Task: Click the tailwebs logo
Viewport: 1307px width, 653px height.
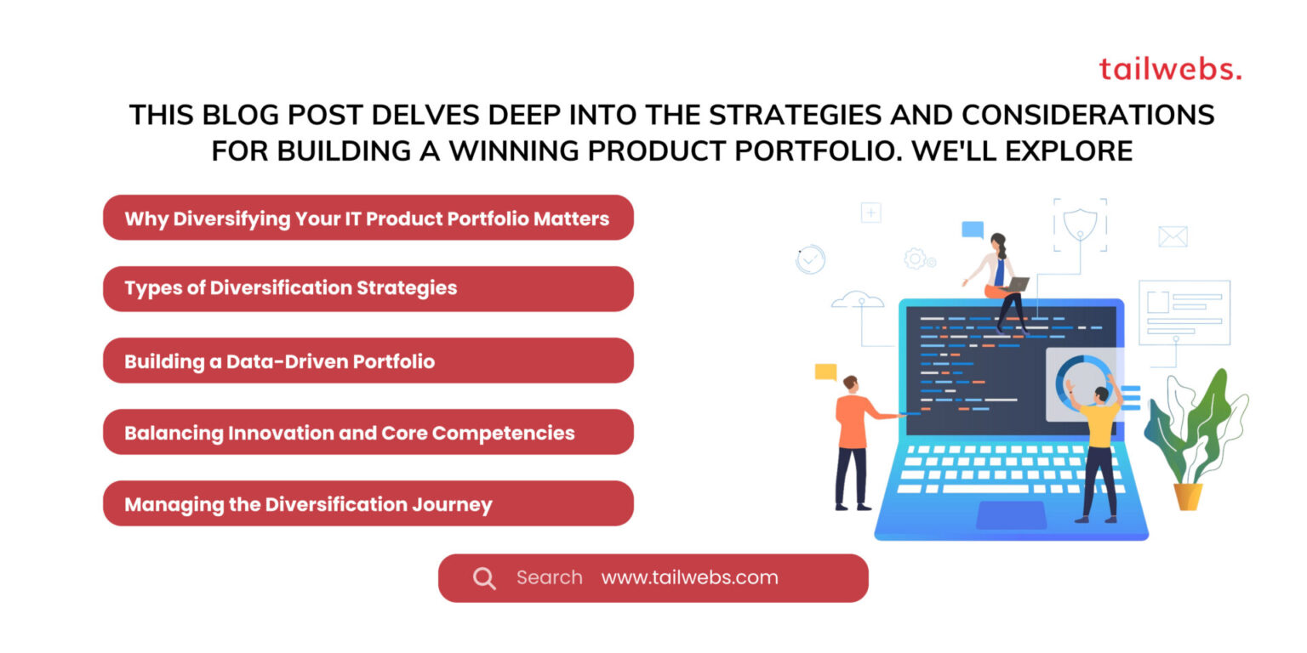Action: click(1170, 69)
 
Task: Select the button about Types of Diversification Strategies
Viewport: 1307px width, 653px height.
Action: click(368, 288)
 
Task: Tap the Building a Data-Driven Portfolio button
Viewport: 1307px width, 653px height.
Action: click(368, 361)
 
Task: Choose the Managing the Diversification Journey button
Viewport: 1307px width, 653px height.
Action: click(368, 503)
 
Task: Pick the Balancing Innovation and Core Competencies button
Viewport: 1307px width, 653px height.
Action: click(368, 432)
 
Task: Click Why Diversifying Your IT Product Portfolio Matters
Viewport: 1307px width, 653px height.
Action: click(368, 218)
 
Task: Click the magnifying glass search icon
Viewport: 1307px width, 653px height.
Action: click(484, 579)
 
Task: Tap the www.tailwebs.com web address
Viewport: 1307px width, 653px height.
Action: click(689, 578)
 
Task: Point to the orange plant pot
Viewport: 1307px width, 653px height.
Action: click(1188, 496)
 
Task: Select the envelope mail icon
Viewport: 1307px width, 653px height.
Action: click(1173, 236)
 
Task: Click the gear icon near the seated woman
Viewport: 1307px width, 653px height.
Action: click(915, 258)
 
